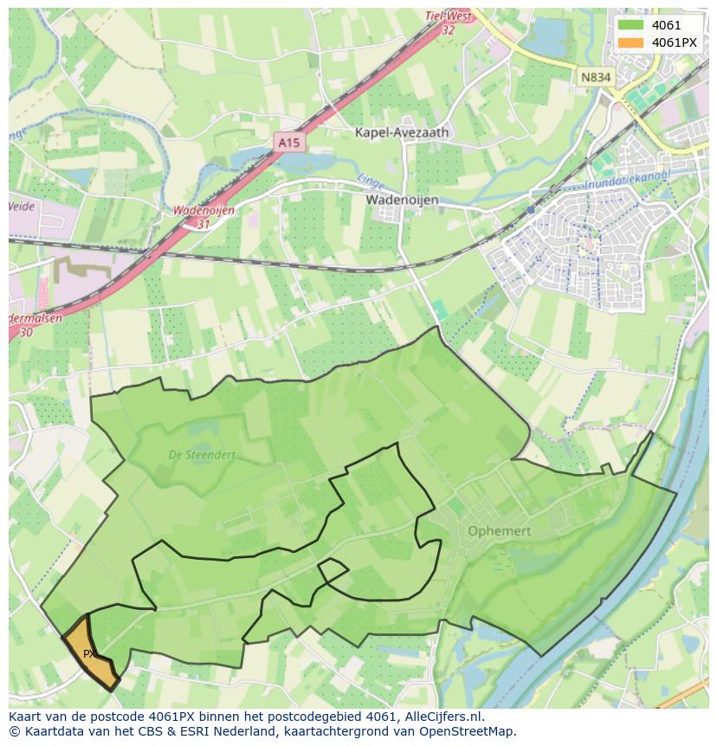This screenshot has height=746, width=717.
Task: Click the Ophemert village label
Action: tap(498, 530)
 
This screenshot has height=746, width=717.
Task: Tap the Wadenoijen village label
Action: tap(402, 199)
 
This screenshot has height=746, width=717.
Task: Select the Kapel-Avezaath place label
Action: tap(403, 133)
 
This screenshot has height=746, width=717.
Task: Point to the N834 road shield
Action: tap(595, 77)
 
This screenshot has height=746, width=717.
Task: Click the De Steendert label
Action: tap(201, 454)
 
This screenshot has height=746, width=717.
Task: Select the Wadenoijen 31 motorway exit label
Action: tap(203, 216)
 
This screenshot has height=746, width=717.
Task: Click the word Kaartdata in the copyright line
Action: tap(49, 731)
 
